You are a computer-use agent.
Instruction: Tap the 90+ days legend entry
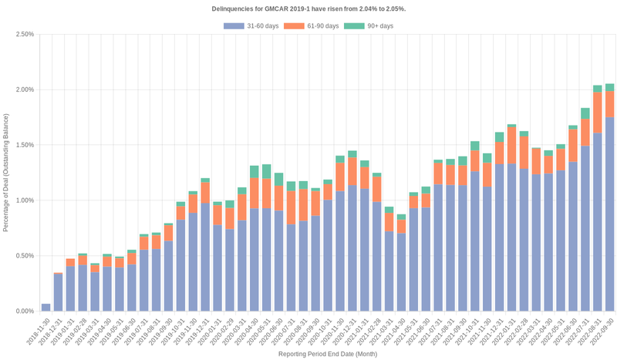coord(376,26)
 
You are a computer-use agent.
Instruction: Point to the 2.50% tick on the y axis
coord(23,34)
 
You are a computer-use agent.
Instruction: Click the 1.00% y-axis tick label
coord(23,200)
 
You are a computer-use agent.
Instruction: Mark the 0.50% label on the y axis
coord(23,256)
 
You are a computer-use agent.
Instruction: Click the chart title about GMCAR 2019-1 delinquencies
coord(308,8)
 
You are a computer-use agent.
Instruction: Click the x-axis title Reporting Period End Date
coord(328,354)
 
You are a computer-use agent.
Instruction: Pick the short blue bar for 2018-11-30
coord(46,308)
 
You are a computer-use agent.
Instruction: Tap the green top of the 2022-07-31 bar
coord(585,113)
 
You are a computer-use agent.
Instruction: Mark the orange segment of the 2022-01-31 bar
coord(511,146)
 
